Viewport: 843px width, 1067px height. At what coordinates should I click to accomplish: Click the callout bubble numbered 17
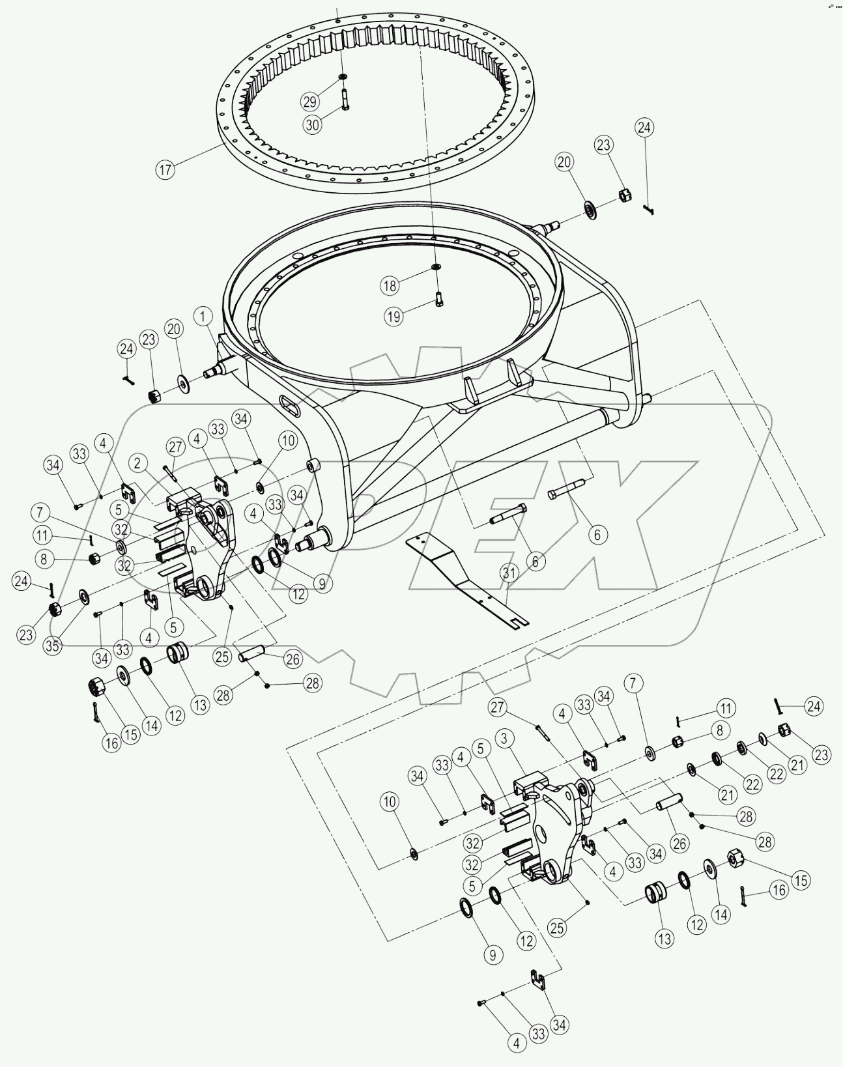pyautogui.click(x=165, y=170)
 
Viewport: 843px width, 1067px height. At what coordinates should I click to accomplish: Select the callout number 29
pyautogui.click(x=310, y=102)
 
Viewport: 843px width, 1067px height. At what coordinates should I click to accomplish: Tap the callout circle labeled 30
pyautogui.click(x=313, y=125)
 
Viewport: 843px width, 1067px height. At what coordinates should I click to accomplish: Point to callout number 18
pyautogui.click(x=390, y=285)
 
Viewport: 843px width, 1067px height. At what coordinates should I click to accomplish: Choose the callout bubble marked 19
pyautogui.click(x=393, y=317)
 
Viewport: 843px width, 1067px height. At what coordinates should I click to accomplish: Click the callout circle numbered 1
pyautogui.click(x=203, y=317)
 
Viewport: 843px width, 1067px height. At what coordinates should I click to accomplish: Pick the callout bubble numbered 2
pyautogui.click(x=138, y=464)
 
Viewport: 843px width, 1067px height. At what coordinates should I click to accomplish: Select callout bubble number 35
pyautogui.click(x=53, y=646)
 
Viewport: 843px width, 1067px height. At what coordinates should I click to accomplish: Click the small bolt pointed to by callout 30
pyautogui.click(x=344, y=100)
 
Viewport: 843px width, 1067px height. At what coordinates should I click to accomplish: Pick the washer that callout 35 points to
pyautogui.click(x=84, y=595)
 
